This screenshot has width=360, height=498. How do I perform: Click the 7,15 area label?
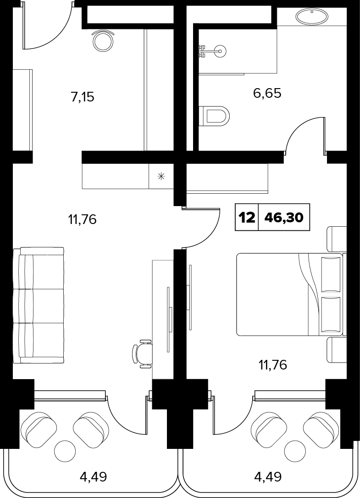point(83,96)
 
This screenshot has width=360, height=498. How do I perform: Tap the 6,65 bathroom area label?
point(267,93)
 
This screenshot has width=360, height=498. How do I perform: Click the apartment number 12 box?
point(247,217)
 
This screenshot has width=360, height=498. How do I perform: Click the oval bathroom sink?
point(312,16)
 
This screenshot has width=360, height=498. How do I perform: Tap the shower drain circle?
point(219,50)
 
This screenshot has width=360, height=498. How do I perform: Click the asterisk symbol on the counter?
point(161,176)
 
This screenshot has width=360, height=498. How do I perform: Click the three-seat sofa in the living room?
point(39,306)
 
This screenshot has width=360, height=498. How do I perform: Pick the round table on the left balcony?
point(65,451)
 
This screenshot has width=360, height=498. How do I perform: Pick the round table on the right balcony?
point(295,451)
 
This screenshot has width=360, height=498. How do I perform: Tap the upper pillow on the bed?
point(331,274)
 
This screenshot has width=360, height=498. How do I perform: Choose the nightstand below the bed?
point(337,350)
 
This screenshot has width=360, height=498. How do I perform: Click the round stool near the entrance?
point(104,40)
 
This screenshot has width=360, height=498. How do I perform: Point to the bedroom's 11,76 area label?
point(273,365)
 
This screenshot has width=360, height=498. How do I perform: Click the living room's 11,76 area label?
point(82,219)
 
